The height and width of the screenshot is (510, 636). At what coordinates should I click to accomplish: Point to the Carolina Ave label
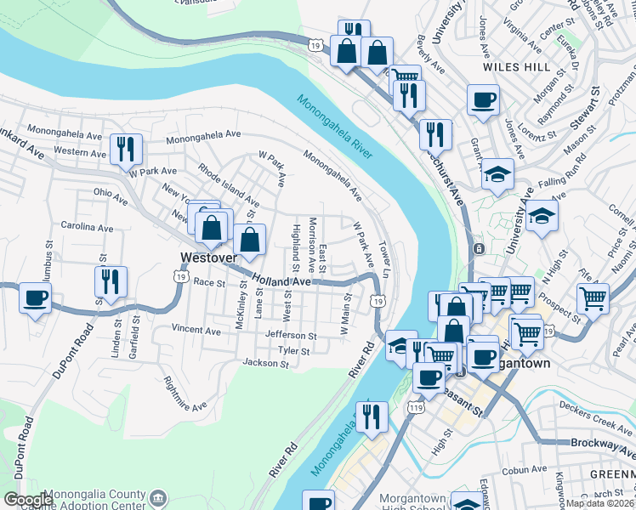click(87, 228)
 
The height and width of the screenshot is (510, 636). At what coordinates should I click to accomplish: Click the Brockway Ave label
click(605, 444)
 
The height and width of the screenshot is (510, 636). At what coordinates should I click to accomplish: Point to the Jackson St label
click(265, 364)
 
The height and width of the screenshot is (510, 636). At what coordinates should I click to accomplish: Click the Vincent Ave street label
click(196, 330)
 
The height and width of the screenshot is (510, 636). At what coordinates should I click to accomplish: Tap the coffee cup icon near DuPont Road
click(35, 298)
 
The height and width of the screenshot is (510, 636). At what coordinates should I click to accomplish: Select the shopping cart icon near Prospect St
click(593, 298)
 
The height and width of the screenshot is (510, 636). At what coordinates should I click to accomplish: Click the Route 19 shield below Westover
click(179, 277)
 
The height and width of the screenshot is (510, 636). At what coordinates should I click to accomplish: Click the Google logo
click(28, 500)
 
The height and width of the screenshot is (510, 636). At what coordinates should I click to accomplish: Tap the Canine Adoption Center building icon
click(157, 496)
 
